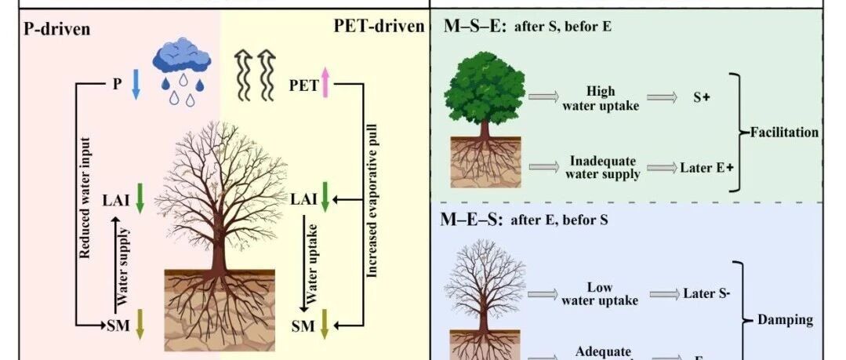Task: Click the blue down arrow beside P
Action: coord(135,84)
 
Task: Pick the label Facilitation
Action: coord(784,132)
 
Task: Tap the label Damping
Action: coord(785,319)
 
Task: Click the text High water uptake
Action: coord(600,98)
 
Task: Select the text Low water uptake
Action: coord(600,293)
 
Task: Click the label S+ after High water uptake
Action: coord(700,98)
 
